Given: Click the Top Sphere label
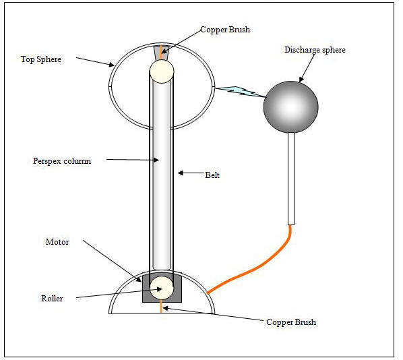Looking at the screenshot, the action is (x=41, y=59).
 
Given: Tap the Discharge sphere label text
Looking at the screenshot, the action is (x=315, y=50).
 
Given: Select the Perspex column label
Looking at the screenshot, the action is (x=62, y=161).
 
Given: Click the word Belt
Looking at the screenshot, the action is (x=212, y=175).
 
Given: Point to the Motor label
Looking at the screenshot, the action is (x=57, y=242).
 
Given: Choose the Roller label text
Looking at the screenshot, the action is (x=52, y=298).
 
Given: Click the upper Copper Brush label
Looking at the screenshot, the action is (x=225, y=30).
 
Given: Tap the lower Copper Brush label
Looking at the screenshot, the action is (x=291, y=322).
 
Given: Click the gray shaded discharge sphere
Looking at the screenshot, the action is (x=291, y=107).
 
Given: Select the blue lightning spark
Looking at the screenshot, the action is (x=241, y=92).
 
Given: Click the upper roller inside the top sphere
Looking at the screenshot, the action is (x=162, y=71).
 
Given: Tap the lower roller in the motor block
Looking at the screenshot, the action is (x=162, y=289).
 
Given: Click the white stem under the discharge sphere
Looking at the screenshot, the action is (x=291, y=179).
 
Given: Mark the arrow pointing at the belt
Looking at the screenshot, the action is (x=191, y=173).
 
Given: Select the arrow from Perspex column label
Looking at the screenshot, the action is (x=132, y=160).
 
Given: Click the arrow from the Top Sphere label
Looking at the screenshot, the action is (x=95, y=62).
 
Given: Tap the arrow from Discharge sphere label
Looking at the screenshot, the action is (x=307, y=67).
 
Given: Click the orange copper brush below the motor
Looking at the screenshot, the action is (x=161, y=306).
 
